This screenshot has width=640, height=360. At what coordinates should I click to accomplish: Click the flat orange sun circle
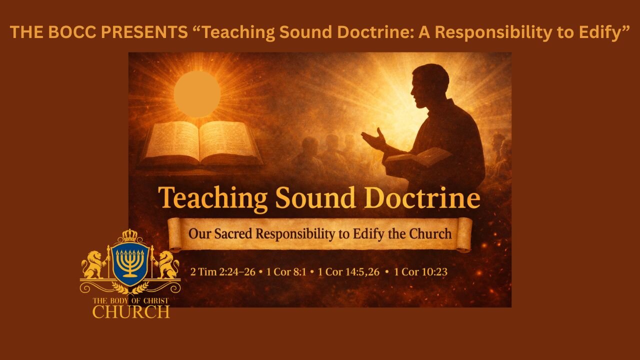click(197, 93)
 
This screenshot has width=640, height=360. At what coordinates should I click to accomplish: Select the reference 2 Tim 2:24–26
click(222, 272)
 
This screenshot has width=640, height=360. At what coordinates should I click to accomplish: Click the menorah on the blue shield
click(130, 262)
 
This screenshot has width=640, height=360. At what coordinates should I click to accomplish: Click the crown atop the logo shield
click(130, 235)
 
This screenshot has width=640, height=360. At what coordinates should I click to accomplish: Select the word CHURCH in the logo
click(131, 311)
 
